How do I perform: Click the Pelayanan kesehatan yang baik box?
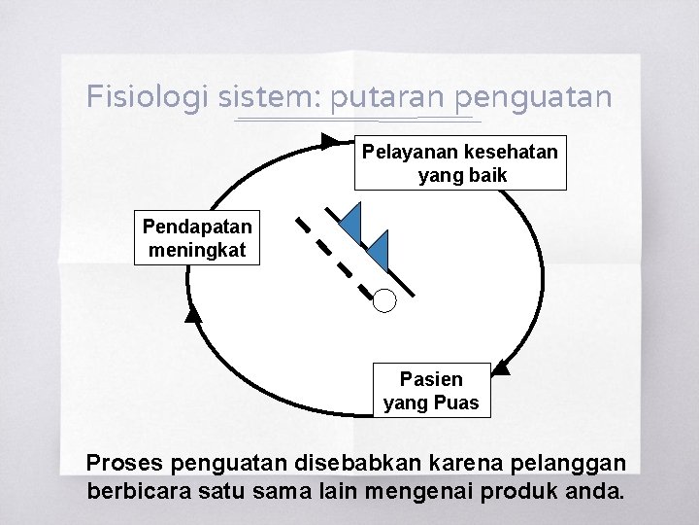point(460,163)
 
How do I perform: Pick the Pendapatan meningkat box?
point(197,238)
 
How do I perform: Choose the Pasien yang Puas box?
point(432,391)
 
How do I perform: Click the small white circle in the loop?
point(385,300)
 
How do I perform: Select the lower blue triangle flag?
point(379,252)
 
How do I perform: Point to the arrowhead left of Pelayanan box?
point(331,143)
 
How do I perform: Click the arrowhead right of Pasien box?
point(501,367)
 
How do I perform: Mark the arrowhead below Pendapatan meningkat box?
point(193,313)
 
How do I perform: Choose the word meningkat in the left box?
point(197,250)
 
